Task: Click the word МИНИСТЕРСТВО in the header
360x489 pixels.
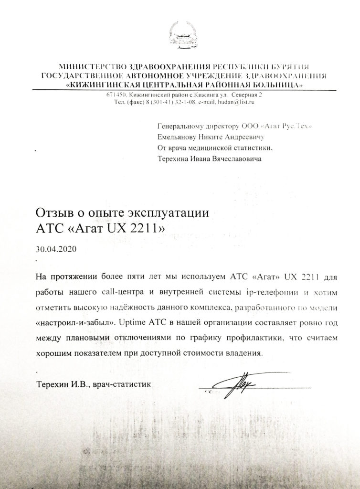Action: (85, 67)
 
